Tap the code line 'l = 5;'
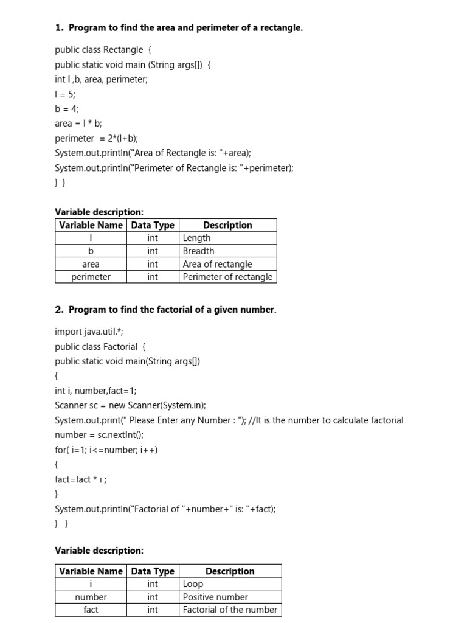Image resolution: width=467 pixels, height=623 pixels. tap(65, 94)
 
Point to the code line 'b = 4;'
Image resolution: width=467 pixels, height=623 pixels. tap(67, 109)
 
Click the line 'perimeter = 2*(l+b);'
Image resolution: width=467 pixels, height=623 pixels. tap(100, 138)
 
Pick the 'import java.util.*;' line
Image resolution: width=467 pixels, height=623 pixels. tap(89, 332)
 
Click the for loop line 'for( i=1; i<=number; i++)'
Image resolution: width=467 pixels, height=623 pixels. tap(106, 450)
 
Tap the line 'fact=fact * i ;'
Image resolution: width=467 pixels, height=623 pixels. tap(81, 479)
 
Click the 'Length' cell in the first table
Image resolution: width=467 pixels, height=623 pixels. tap(197, 238)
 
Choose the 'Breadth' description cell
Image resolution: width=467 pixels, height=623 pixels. tap(199, 251)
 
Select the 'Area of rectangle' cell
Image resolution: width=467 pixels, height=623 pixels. tap(217, 264)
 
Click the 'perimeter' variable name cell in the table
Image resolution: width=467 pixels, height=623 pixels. tap(91, 277)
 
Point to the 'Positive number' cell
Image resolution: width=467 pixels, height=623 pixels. tap(215, 597)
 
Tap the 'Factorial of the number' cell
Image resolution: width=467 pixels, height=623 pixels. tap(230, 610)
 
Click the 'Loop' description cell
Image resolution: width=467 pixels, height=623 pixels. tap(193, 584)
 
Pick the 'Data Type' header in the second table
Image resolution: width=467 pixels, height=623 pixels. tap(153, 571)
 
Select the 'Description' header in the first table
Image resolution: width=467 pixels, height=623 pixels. tap(227, 225)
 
